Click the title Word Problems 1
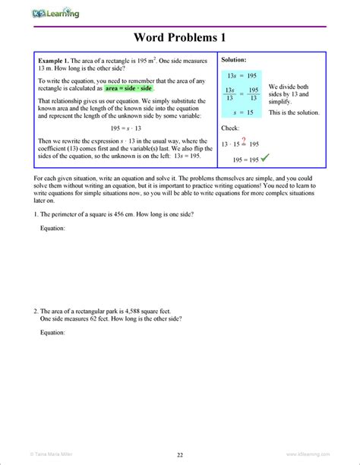pyautogui.click(x=180, y=37)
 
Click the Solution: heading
pyautogui.click(x=233, y=59)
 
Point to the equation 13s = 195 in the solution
pyautogui.click(x=242, y=76)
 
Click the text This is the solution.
pyautogui.click(x=294, y=112)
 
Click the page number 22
pyautogui.click(x=180, y=454)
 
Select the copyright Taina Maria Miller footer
pyautogui.click(x=38, y=454)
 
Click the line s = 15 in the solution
pyautogui.click(x=242, y=112)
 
